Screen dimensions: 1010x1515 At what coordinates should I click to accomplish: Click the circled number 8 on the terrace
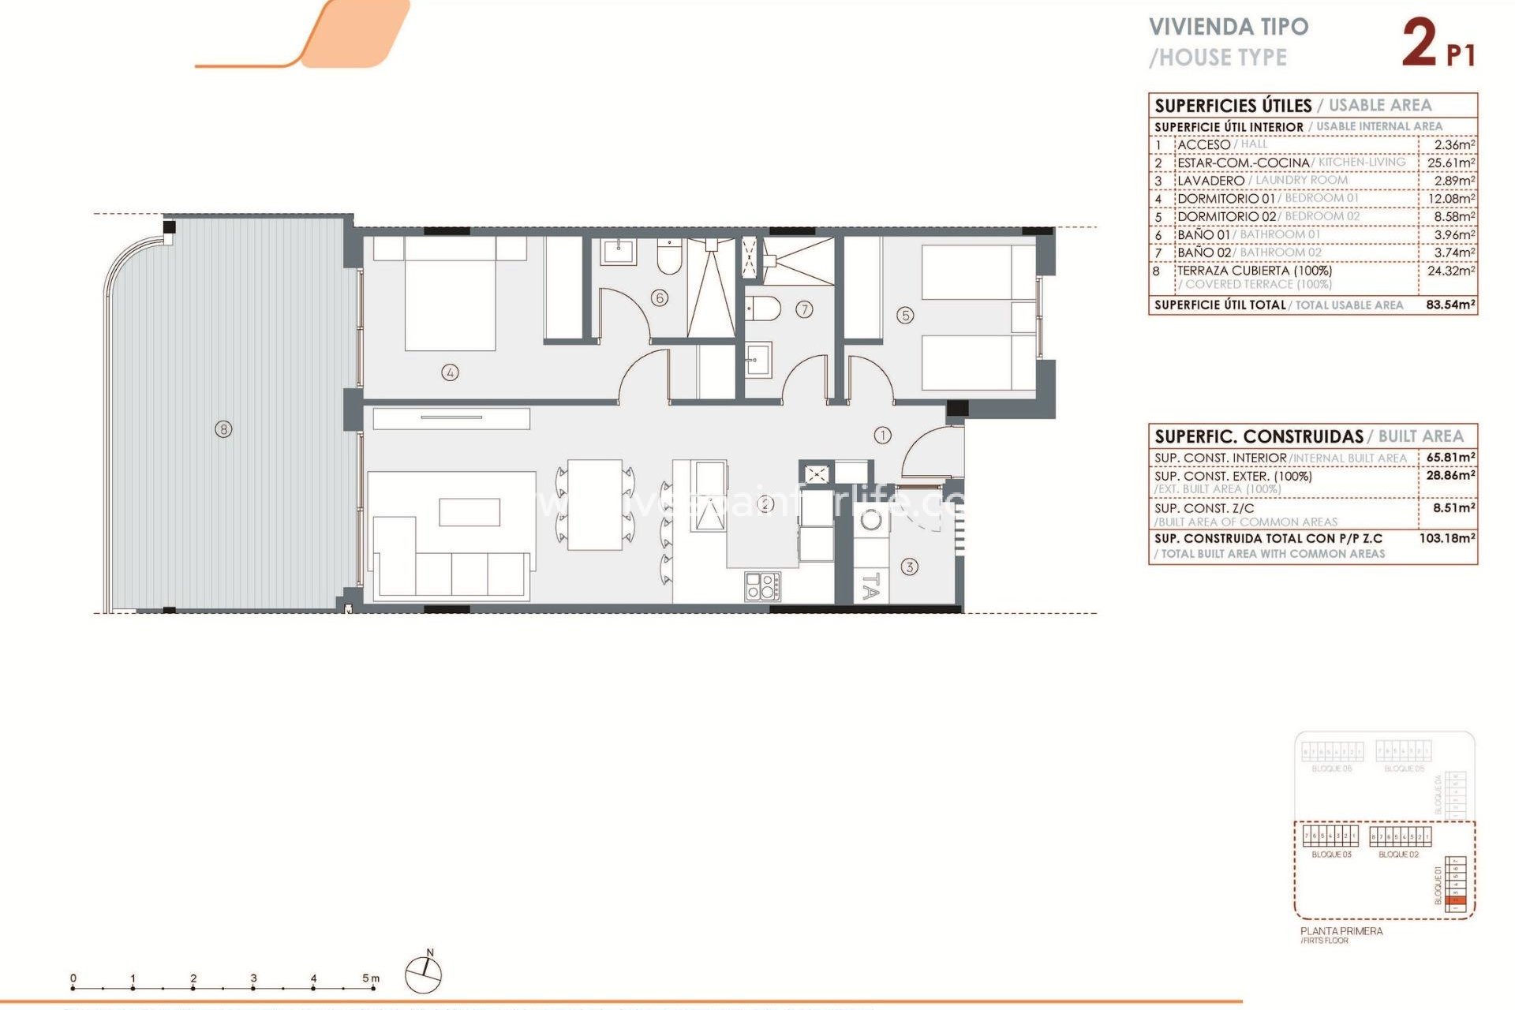pos(224,429)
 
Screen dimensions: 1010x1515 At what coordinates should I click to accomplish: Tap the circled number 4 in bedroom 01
pos(450,372)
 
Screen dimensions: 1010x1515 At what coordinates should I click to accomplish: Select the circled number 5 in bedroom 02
pos(905,316)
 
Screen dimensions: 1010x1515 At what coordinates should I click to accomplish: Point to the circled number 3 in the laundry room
pos(909,567)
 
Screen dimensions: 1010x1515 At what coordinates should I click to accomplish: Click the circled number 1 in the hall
pos(882,435)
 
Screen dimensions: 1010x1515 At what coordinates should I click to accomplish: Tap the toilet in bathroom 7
pos(763,309)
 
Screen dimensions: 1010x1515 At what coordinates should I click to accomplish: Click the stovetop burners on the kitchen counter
pos(762,586)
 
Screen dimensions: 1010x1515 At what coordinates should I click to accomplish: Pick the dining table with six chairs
pos(594,505)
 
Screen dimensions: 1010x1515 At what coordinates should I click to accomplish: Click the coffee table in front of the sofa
pos(469,512)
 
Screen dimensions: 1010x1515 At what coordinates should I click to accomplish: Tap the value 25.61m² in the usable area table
pos(1450,163)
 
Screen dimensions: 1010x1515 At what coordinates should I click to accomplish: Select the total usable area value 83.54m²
pos(1450,305)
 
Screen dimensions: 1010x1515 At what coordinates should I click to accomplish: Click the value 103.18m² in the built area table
pos(1447,538)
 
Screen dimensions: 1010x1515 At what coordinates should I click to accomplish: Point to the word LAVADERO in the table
pos(1210,181)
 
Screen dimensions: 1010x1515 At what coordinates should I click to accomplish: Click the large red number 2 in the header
pos(1419,43)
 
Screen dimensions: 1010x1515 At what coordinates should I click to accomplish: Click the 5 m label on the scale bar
pos(370,978)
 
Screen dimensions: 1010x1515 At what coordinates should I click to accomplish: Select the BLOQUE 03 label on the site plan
pos(1331,855)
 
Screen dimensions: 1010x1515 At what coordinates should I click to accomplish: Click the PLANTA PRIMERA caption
pos(1341,931)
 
